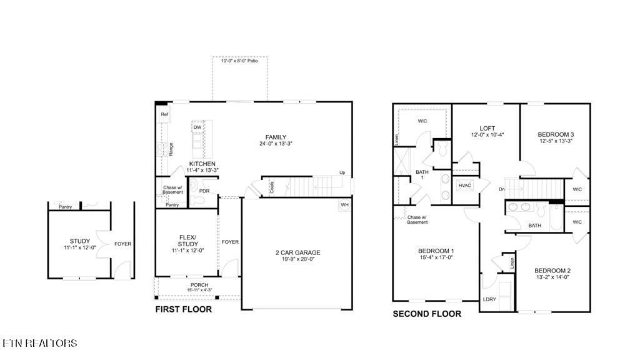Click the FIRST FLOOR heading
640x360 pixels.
pos(183,309)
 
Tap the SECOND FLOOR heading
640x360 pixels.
pos(427,314)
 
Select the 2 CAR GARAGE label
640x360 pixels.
pos(298,252)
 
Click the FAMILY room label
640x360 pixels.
pos(276,137)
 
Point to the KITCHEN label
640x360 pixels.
pos(202,164)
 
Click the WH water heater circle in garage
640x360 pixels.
pos(344,205)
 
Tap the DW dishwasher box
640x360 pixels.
pos(197,127)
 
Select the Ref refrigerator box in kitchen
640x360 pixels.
pos(164,115)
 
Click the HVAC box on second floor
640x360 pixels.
pos(464,186)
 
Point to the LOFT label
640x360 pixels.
pos(487,128)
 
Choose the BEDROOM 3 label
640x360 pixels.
pos(556,134)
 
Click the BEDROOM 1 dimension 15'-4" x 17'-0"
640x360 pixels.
pos(436,257)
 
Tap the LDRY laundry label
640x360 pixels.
pos(489,299)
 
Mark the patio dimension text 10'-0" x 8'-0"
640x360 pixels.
pos(239,61)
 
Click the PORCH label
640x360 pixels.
pos(199,285)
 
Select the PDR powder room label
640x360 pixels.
pos(204,191)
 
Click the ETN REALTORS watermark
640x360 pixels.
pos(40,343)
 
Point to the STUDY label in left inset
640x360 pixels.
pos(79,241)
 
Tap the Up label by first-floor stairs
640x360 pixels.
pos(342,172)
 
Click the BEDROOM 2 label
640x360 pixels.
pos(552,271)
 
